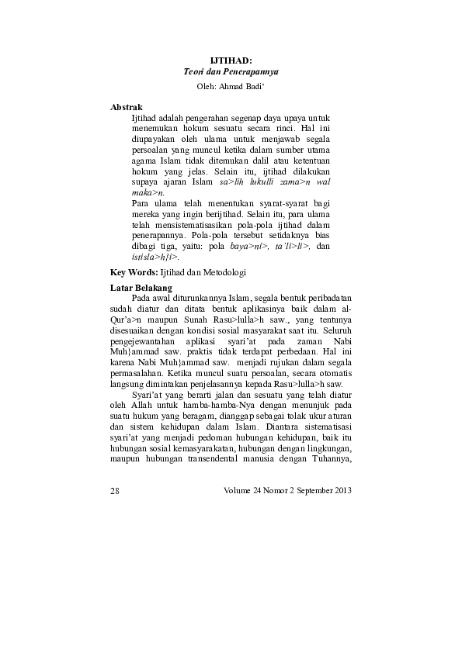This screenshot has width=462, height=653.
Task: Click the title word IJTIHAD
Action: pos(231,60)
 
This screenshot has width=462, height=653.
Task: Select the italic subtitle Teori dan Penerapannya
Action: pos(231,71)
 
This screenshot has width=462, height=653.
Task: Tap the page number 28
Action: pos(116,489)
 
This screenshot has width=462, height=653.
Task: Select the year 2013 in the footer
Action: pos(341,489)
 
